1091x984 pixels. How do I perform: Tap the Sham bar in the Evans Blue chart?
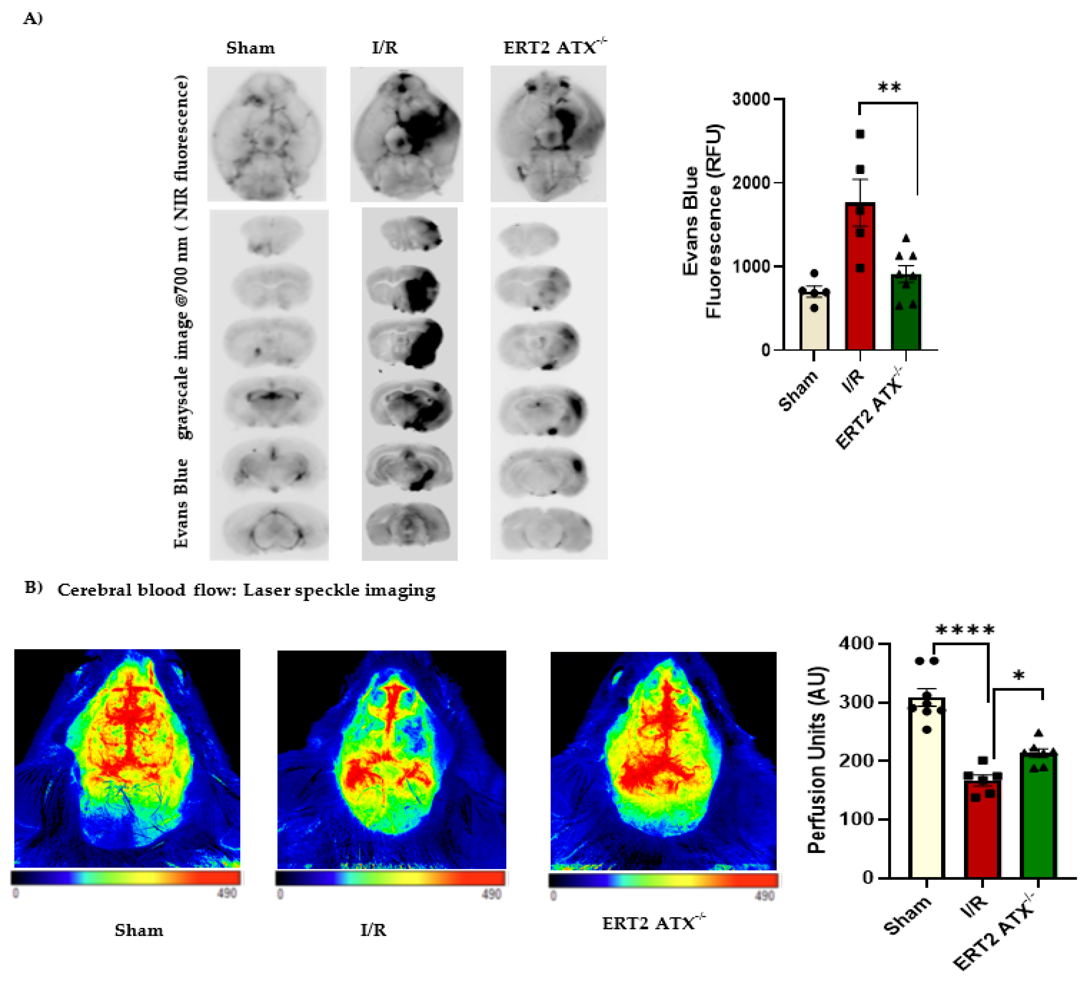[x=814, y=322]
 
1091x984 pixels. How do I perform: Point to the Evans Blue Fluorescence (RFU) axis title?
[x=702, y=222]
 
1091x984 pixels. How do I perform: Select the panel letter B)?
[x=34, y=588]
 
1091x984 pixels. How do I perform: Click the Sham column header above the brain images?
[x=250, y=48]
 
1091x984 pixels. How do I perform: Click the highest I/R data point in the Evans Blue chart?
[x=860, y=134]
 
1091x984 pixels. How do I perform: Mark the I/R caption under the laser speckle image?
[x=373, y=930]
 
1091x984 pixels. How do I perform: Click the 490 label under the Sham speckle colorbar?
[x=227, y=893]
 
